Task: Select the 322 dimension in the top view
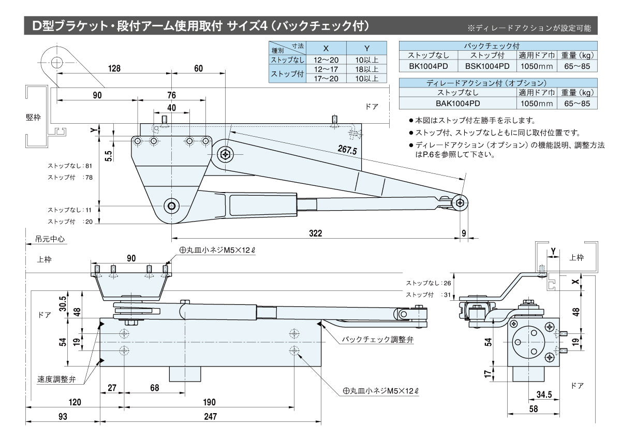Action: pos(316,233)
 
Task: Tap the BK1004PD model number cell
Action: pos(428,66)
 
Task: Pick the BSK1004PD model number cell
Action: pos(487,66)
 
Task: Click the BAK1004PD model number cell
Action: pos(457,104)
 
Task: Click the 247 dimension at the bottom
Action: pos(210,416)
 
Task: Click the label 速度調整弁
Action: pos(57,378)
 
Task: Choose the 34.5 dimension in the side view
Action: pos(543,395)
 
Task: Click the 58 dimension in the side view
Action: pos(533,409)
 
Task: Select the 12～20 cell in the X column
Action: pos(326,60)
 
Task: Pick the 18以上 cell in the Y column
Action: pos(367,69)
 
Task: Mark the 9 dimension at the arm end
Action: pos(464,233)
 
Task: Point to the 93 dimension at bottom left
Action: pos(63,416)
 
